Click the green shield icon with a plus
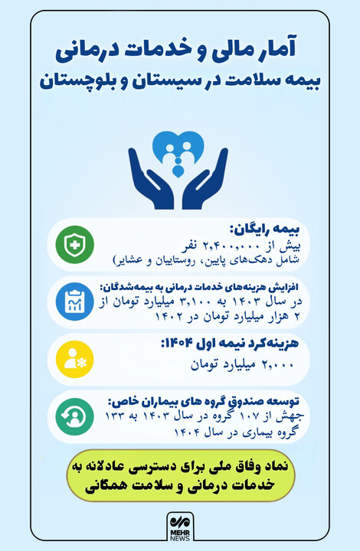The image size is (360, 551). click(x=74, y=245)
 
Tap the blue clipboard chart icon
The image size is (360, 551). click(x=74, y=302)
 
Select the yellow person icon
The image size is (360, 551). click(x=74, y=357)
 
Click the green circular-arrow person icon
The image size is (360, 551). click(x=74, y=416)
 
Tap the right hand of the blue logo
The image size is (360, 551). click(x=208, y=181)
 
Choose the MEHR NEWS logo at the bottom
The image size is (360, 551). click(x=181, y=527)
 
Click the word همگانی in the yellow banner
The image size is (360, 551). click(x=126, y=484)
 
